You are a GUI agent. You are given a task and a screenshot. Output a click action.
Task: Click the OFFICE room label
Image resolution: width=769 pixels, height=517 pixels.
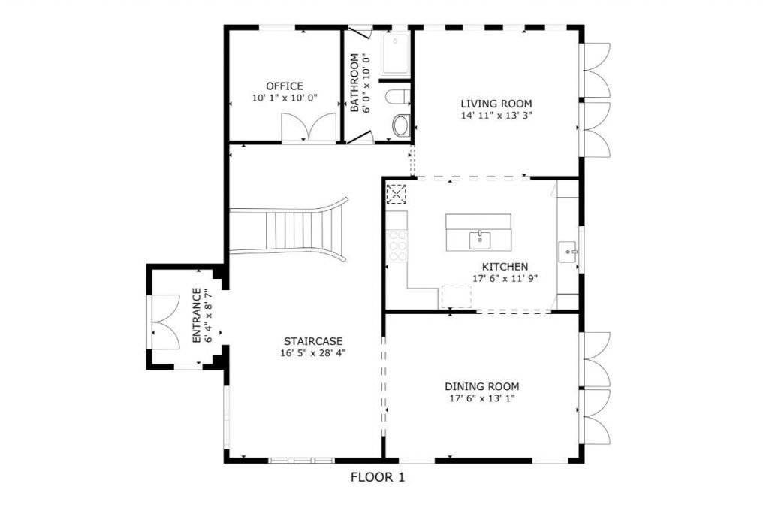click(285, 86)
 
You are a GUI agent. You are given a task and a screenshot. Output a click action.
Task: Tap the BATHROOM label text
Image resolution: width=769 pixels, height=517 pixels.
click(355, 83)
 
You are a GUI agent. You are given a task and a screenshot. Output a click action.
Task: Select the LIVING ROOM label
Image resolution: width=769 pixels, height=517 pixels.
click(496, 104)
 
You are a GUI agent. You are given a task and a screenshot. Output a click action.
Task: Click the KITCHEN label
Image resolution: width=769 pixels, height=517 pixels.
click(505, 267)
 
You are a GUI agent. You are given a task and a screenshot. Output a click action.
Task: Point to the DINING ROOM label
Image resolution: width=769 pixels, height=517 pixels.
click(481, 386)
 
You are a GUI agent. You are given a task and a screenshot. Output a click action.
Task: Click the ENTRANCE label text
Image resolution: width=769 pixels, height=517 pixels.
click(197, 316)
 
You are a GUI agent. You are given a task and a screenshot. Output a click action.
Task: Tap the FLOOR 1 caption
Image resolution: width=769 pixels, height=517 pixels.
click(378, 477)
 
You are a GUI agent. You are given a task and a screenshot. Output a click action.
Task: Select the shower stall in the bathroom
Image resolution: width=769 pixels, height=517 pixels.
click(395, 54)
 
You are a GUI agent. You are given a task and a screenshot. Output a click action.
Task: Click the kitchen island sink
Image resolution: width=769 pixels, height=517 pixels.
click(478, 240)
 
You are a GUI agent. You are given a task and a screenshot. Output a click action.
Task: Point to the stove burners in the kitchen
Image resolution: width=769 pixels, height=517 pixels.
click(397, 244)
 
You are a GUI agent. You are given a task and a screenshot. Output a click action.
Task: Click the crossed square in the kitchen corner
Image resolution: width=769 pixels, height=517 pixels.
click(396, 194)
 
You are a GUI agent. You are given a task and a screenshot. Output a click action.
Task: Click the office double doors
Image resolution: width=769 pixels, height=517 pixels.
click(309, 128)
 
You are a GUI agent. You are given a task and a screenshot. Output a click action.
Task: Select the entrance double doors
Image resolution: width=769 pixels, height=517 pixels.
click(165, 322)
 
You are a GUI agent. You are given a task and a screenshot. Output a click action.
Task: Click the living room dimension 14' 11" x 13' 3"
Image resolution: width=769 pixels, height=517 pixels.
click(496, 116)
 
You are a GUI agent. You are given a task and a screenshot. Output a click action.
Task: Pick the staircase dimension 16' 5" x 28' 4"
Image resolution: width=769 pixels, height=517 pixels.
click(315, 352)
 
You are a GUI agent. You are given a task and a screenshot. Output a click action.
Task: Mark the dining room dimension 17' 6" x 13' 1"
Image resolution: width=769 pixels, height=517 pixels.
click(481, 398)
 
